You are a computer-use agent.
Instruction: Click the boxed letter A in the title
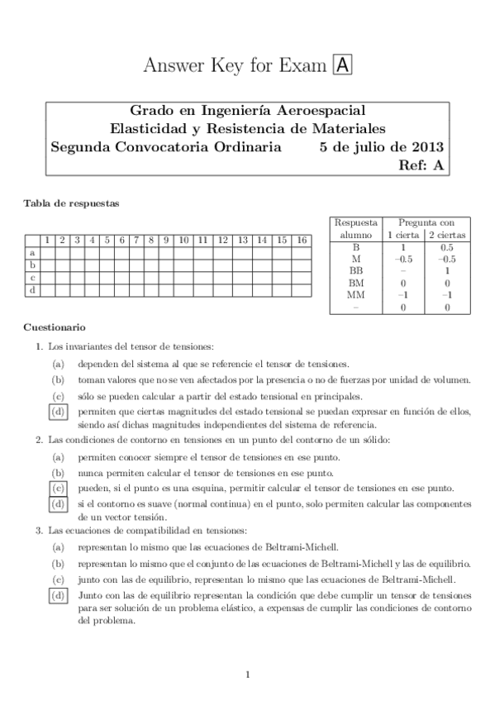(x=341, y=67)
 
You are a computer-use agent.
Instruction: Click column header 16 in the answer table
(x=302, y=240)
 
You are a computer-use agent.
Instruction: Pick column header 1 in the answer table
(x=48, y=240)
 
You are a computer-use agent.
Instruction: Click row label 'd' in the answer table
(x=32, y=290)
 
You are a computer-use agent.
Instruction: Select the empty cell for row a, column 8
(x=152, y=253)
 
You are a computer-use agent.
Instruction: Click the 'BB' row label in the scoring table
(x=356, y=270)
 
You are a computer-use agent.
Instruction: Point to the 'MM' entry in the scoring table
(x=356, y=295)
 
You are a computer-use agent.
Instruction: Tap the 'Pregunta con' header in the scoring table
(x=426, y=222)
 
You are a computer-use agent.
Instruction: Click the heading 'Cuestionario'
(x=55, y=327)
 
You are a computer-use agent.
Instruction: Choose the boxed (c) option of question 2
(x=58, y=488)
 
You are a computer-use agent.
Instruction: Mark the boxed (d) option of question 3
(x=58, y=594)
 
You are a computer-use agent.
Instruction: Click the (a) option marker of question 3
(x=58, y=546)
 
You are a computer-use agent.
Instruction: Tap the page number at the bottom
(x=247, y=675)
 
